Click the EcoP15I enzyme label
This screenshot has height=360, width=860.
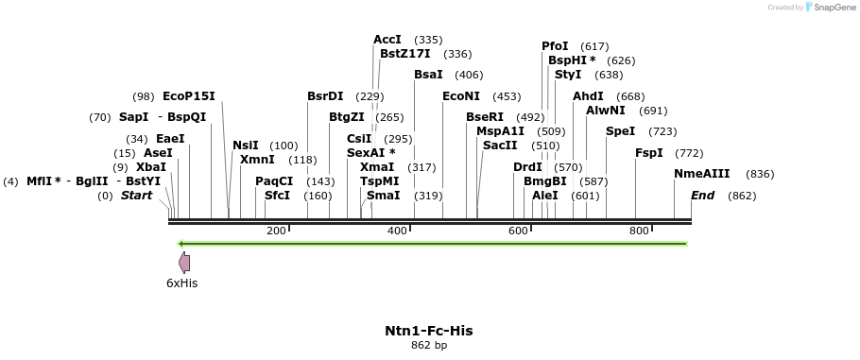189,96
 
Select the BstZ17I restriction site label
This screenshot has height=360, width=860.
405,54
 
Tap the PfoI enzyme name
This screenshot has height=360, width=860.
555,46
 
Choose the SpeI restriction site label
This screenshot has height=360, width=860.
620,131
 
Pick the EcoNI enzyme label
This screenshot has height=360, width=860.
461,96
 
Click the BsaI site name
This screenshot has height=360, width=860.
428,75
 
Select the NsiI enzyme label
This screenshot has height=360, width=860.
246,146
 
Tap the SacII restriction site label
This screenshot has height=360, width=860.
500,146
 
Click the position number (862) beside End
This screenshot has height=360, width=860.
742,196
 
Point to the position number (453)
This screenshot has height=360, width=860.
507,96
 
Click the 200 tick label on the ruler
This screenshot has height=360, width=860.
276,231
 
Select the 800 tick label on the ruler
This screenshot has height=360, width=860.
639,231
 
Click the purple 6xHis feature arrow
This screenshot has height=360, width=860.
184,264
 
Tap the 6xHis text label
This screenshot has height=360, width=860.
182,283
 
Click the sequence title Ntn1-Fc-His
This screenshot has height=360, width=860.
429,331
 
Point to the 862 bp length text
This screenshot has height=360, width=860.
429,346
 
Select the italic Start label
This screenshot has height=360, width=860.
136,196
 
